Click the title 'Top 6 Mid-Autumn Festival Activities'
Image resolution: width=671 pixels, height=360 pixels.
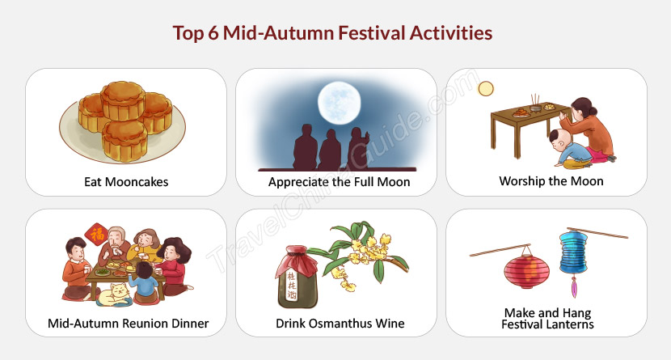(x=332, y=33)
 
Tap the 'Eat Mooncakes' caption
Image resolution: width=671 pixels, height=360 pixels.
(x=126, y=182)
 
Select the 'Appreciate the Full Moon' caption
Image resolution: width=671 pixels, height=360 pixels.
(x=339, y=182)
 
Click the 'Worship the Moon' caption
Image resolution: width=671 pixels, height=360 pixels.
(x=551, y=181)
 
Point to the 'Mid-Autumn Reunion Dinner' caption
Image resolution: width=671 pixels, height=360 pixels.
(x=128, y=323)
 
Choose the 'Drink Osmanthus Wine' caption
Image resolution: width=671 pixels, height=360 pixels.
(x=340, y=323)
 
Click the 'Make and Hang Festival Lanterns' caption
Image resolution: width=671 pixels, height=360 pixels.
(x=547, y=319)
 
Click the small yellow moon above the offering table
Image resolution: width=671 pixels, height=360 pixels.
(x=486, y=89)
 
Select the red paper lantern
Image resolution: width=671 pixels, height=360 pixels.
(x=526, y=271)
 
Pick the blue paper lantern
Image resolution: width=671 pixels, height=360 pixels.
(x=573, y=252)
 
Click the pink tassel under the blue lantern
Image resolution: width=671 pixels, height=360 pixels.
(x=574, y=287)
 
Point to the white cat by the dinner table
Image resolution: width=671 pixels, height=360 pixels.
(x=113, y=295)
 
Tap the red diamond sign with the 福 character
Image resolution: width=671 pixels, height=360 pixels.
(x=97, y=235)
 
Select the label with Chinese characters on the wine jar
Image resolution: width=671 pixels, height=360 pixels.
(x=291, y=286)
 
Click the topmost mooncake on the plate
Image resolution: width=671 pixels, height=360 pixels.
(x=123, y=100)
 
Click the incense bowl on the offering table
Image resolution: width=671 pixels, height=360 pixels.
(x=535, y=107)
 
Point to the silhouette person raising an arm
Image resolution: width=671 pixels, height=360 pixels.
(x=358, y=149)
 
